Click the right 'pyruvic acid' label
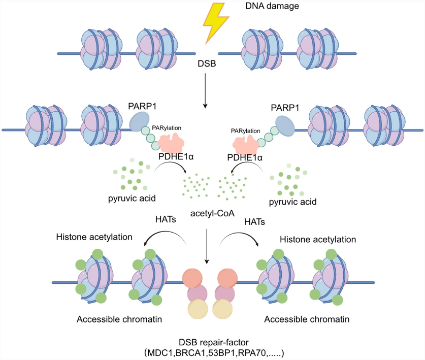click(x=291, y=202)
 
